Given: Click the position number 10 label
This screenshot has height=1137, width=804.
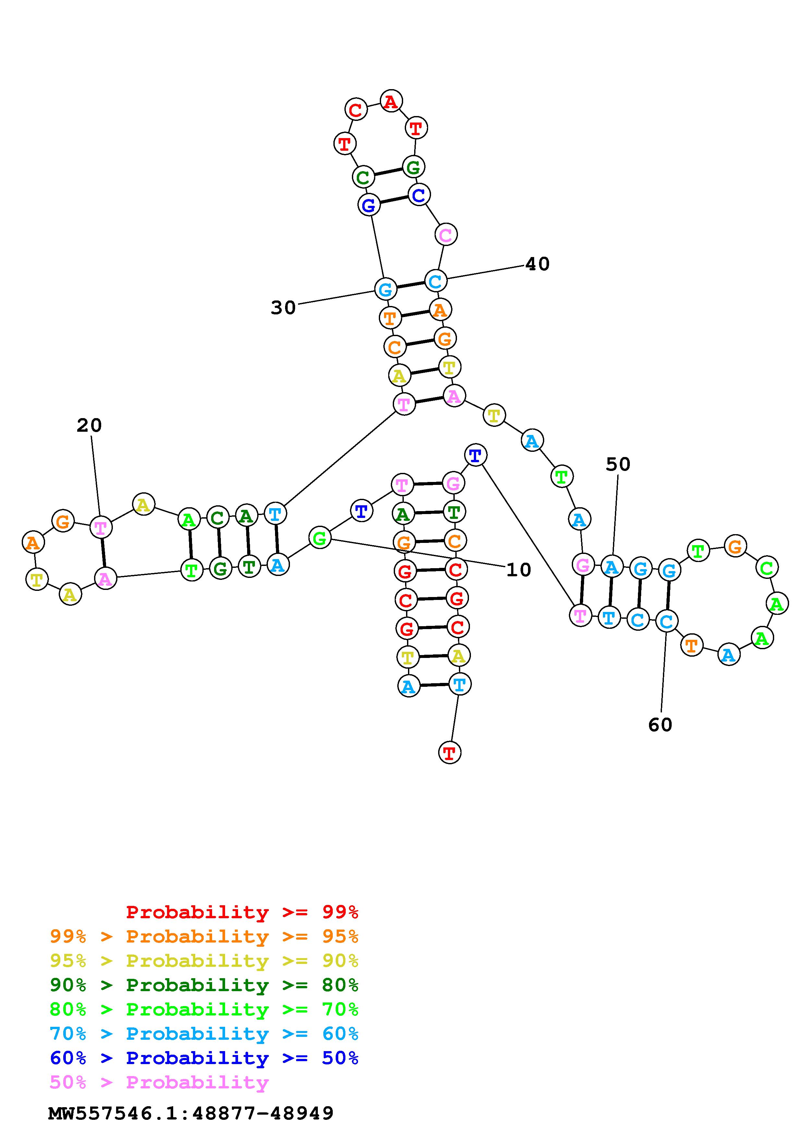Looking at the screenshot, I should (x=518, y=570).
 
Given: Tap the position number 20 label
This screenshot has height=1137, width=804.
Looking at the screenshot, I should (x=89, y=425).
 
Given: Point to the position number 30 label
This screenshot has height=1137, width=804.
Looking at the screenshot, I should (x=283, y=308).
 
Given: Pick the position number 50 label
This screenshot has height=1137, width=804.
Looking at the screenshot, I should (x=618, y=464).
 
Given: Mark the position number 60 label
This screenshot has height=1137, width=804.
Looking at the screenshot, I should (x=660, y=725).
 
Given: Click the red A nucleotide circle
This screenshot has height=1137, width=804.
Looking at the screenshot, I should (x=391, y=101).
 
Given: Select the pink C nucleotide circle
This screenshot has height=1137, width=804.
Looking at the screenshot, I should (x=446, y=234).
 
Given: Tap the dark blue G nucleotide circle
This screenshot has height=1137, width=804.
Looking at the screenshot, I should (x=368, y=205).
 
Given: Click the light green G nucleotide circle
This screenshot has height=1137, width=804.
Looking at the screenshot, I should (x=320, y=537).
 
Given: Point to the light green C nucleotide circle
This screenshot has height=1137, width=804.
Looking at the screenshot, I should (x=766, y=568).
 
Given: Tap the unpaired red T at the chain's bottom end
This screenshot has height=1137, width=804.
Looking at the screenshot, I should (x=449, y=753).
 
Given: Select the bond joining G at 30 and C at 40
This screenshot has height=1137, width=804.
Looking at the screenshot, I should (x=410, y=285).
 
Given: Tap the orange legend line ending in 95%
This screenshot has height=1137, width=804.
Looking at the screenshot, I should (x=204, y=936).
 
